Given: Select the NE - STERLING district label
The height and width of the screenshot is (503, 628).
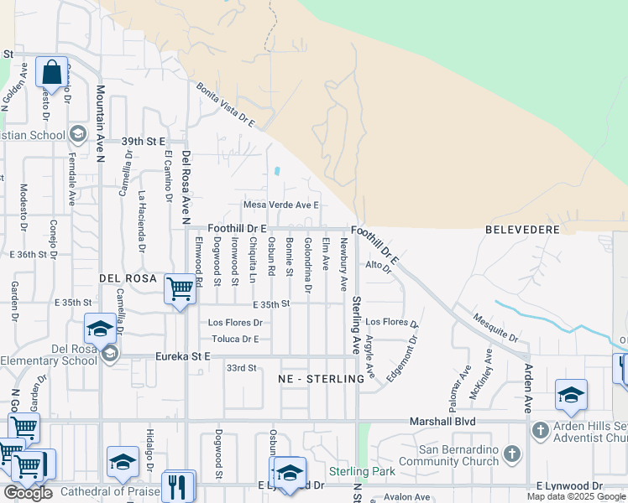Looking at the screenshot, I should click(x=321, y=379).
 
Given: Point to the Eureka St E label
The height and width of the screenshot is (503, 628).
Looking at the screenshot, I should click(x=182, y=356).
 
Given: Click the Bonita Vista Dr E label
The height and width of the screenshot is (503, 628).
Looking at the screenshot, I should click(x=225, y=105).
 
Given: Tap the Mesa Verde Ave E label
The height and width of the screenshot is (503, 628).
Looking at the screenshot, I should click(x=281, y=205).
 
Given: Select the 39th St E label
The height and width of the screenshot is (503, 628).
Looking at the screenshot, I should click(x=144, y=142).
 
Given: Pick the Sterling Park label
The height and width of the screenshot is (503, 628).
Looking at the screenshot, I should click(x=361, y=471).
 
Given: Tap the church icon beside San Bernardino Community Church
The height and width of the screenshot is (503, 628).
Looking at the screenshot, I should click(x=511, y=455).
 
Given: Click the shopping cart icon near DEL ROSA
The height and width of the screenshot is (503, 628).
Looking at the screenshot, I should click(x=181, y=289).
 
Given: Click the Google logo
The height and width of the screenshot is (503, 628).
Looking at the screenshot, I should click(x=28, y=493).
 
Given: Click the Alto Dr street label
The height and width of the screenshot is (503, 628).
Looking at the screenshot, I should click(x=379, y=267).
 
